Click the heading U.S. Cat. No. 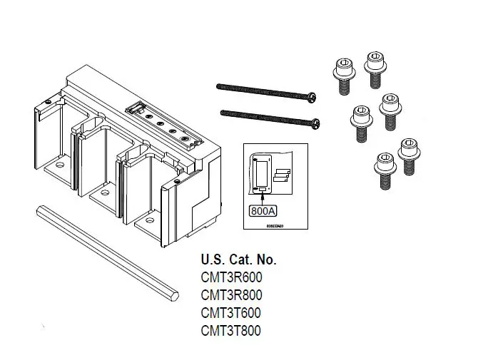click(x=238, y=259)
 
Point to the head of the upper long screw click(x=312, y=96)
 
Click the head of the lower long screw click(x=314, y=123)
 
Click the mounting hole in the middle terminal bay click(x=104, y=192)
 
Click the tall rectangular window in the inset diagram click(x=261, y=173)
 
